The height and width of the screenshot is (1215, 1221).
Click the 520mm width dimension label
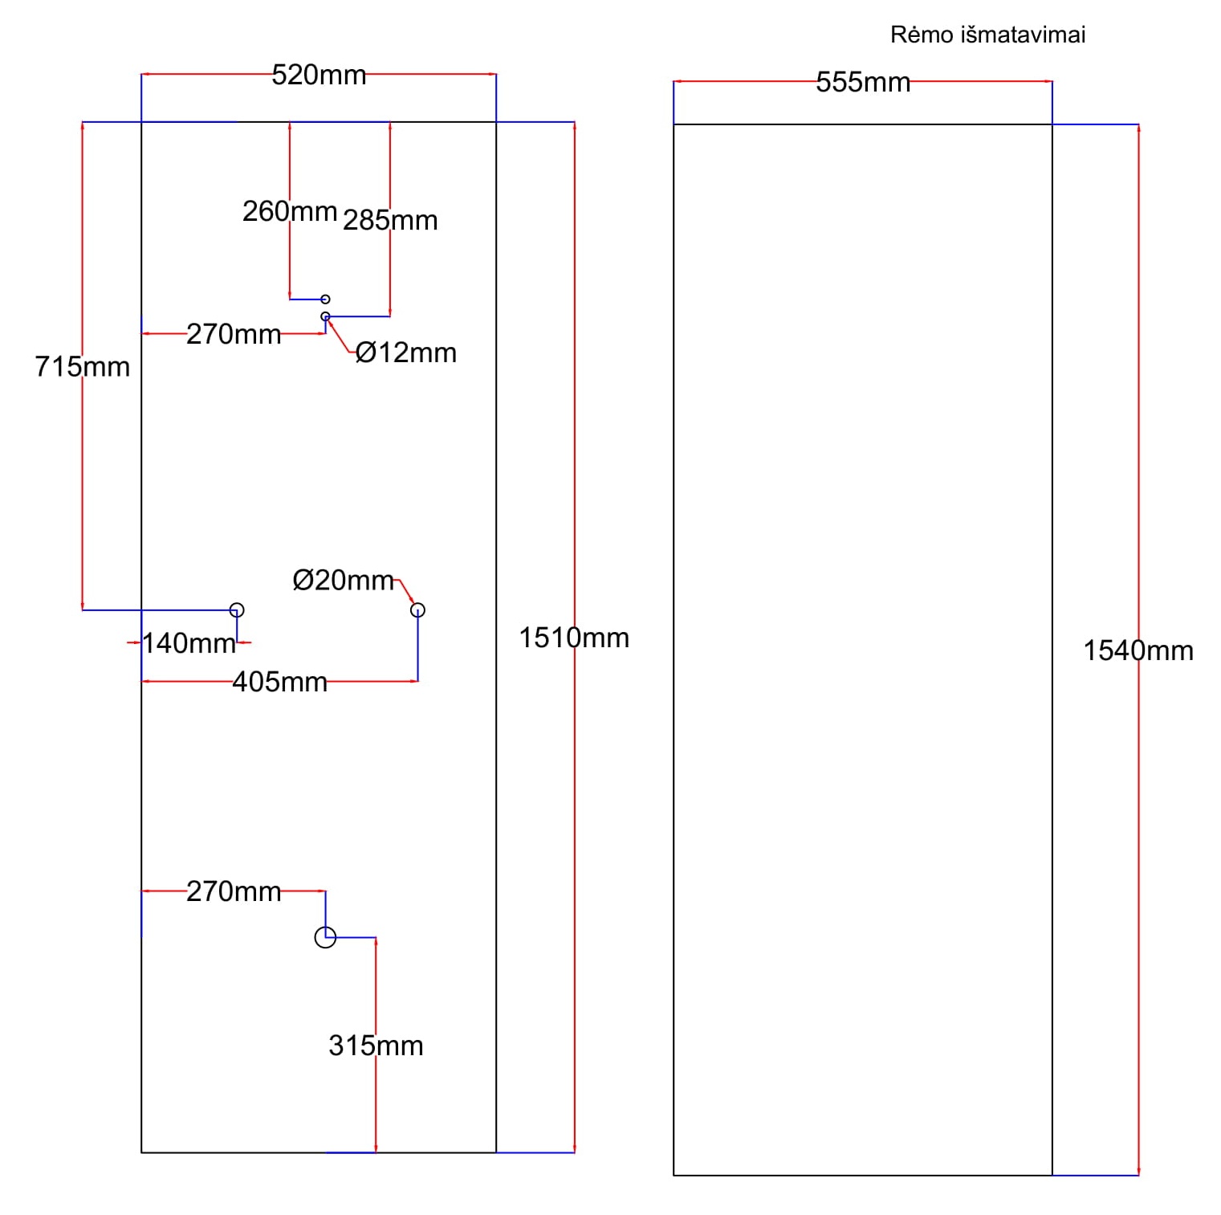319,75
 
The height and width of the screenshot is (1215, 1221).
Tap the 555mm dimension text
863,82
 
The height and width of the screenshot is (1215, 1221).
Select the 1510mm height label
574,638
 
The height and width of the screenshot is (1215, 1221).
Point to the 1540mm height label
1138,650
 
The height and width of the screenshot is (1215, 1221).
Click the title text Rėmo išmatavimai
987,35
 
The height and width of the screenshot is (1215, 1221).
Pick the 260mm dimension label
290,211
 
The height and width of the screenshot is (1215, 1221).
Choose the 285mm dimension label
390,220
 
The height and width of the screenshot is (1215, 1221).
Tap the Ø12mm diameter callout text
406,353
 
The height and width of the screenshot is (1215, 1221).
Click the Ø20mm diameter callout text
344,580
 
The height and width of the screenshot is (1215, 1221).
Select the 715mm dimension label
82,366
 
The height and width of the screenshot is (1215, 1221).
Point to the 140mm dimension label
189,643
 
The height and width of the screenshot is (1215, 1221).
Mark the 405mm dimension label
280,682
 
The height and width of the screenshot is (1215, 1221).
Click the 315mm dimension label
376,1046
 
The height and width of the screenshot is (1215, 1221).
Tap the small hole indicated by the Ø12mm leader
325,316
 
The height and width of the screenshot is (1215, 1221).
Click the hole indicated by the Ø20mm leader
417,610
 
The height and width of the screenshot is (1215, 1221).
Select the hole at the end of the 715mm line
237,610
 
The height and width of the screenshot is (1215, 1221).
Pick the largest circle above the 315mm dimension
325,937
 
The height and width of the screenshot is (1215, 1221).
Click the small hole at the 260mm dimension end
325,300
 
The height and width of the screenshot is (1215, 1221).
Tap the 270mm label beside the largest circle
234,891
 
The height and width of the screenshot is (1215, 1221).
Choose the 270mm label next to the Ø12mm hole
234,334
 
